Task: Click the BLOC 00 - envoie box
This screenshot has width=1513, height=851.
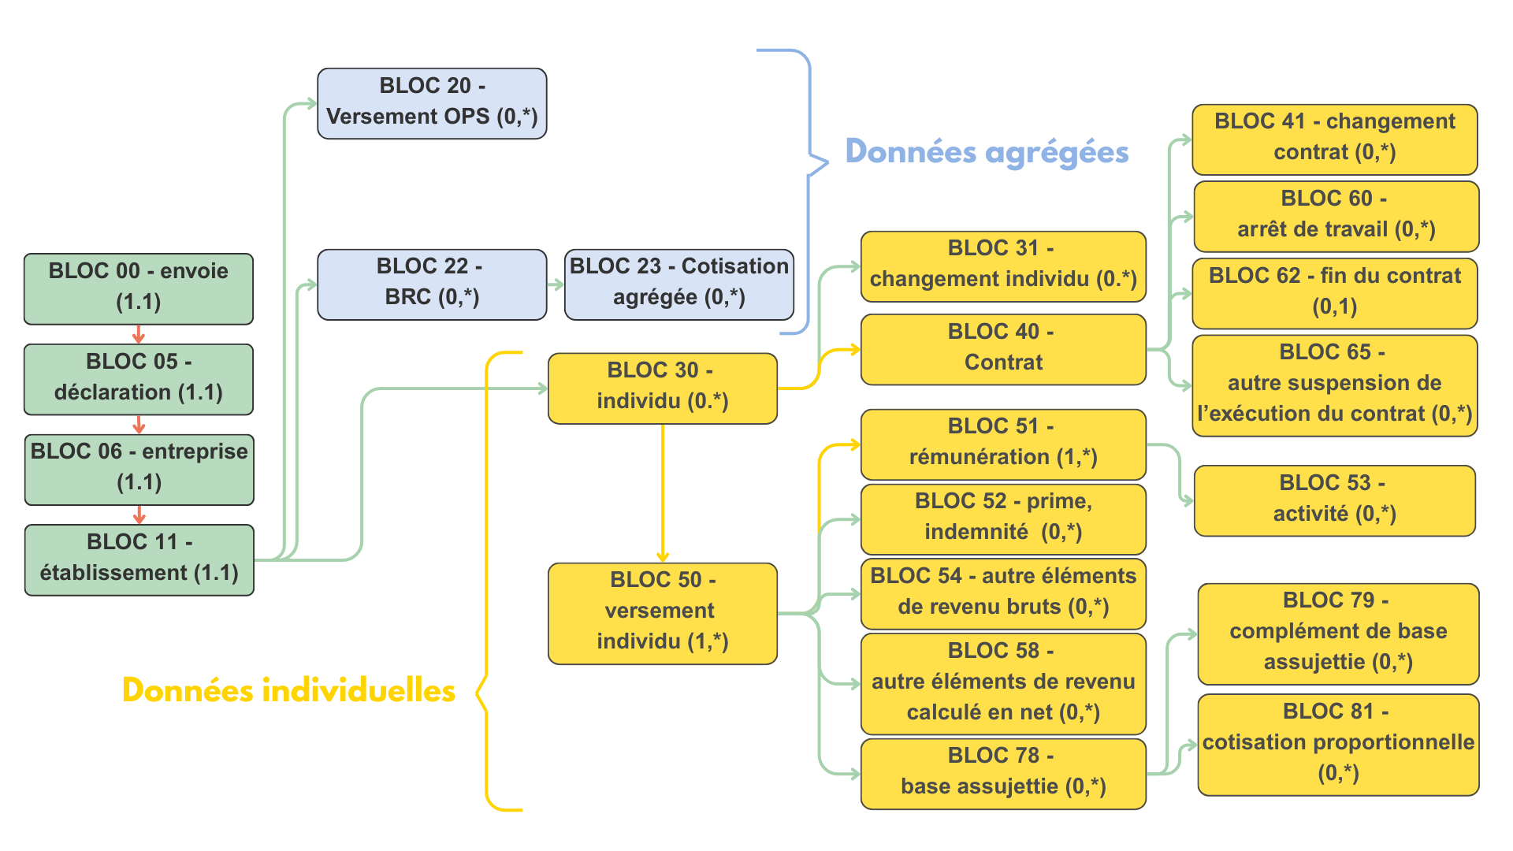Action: [x=139, y=288]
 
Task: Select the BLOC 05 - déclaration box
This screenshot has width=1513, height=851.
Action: [x=139, y=379]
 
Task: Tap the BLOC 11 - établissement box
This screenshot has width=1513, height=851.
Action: [x=139, y=559]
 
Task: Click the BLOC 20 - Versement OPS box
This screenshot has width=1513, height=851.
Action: [x=432, y=103]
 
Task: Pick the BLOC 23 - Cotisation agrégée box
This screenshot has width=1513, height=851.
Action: [x=678, y=284]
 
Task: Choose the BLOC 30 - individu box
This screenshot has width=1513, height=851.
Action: [x=662, y=388]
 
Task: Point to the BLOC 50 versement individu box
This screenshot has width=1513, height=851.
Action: [x=662, y=612]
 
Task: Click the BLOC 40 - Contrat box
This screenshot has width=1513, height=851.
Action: [x=1002, y=349]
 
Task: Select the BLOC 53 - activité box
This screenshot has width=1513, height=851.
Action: [x=1334, y=500]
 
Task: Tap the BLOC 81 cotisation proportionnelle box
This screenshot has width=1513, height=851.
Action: [x=1337, y=744]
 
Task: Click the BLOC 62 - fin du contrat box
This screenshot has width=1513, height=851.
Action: [x=1334, y=292]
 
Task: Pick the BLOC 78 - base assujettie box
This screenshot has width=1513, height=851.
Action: [x=1002, y=773]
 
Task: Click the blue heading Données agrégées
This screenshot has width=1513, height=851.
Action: [x=987, y=152]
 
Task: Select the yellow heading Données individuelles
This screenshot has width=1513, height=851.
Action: [x=288, y=690]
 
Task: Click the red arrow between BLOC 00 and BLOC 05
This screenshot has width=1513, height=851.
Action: [x=139, y=334]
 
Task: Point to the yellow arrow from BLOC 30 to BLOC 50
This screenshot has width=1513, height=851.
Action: [x=663, y=492]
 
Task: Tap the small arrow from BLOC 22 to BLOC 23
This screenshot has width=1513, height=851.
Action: [x=556, y=284]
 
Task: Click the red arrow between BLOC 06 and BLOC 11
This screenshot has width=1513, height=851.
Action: [x=139, y=515]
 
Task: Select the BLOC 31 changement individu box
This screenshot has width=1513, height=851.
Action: [x=1002, y=266]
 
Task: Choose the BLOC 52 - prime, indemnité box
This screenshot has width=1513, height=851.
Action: [x=1002, y=518]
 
